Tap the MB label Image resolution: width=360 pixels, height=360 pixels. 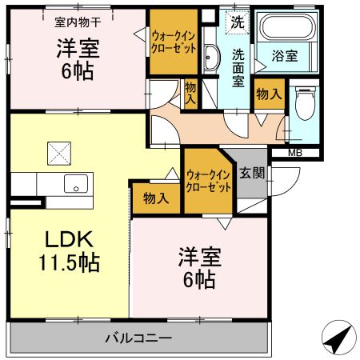[x=295, y=152]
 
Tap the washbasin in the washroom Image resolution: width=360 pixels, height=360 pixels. [x=211, y=58]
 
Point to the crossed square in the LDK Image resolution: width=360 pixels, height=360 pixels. [x=58, y=150]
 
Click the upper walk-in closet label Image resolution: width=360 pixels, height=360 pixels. [x=174, y=41]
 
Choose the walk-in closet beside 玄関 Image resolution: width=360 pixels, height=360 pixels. [x=207, y=180]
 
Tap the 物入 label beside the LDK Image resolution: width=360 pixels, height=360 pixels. [x=156, y=198]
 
